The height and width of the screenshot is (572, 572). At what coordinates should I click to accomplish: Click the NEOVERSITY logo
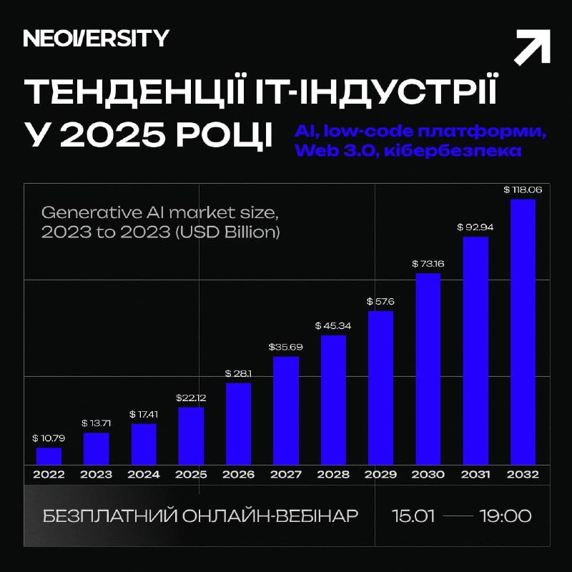coord(96,39)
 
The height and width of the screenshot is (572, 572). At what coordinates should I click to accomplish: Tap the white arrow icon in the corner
coord(532,49)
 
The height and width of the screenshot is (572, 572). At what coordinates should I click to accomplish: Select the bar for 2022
coord(49,455)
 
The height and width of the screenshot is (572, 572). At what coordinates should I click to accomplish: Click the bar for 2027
coord(286,410)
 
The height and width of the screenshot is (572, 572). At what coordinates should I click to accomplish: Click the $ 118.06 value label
coord(523,190)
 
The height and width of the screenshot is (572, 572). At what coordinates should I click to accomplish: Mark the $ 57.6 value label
coord(380,301)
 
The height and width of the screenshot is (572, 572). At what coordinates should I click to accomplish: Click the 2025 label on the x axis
coord(191,474)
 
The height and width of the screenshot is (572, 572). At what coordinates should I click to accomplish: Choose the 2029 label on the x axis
coord(380,474)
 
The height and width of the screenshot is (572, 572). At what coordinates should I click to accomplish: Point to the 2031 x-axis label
coord(475,474)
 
